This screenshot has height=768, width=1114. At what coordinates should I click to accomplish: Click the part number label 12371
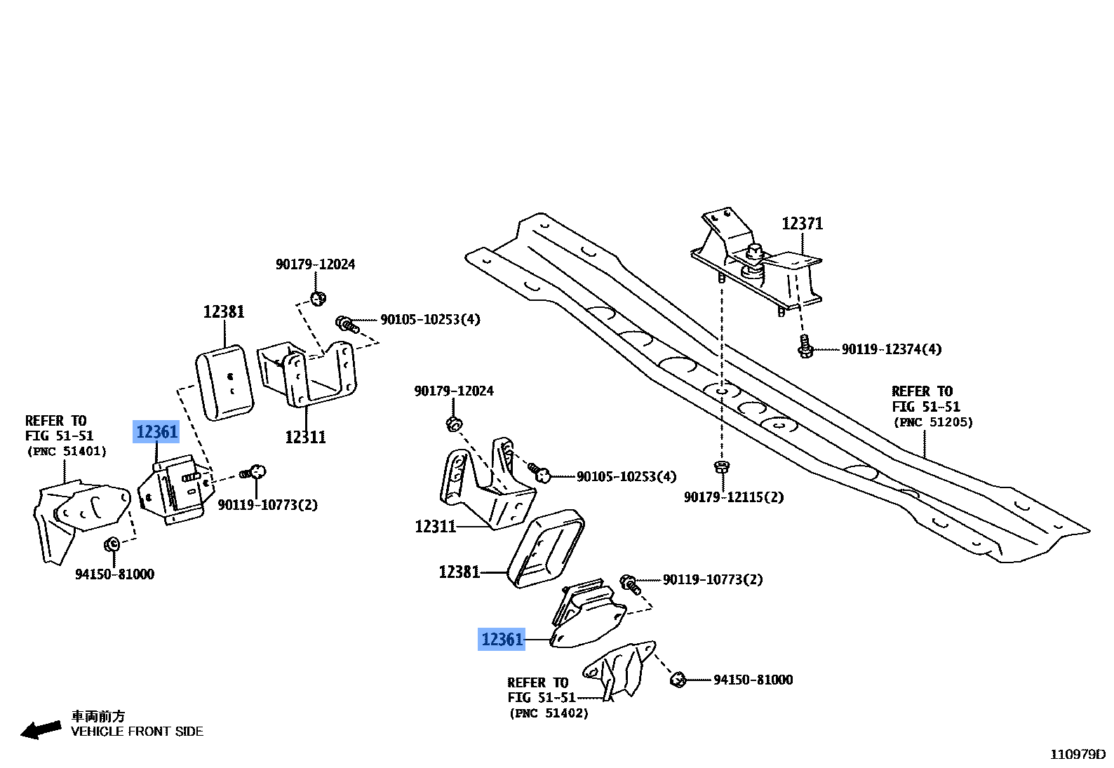point(802,224)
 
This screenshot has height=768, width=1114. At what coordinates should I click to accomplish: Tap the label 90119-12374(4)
point(891,349)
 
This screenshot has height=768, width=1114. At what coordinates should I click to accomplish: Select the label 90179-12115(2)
point(733,497)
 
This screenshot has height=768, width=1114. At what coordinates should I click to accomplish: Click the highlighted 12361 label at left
point(156,432)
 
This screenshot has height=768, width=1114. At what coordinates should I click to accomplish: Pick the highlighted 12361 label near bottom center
point(502,640)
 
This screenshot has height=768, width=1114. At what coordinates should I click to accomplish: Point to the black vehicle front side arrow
point(41,729)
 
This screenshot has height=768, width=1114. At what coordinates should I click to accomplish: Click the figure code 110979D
point(1077,755)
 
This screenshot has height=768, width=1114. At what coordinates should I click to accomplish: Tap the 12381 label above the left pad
point(223,311)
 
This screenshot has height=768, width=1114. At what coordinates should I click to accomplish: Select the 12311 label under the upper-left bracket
point(305,438)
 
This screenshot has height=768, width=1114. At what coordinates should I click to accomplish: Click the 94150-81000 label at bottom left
point(114,574)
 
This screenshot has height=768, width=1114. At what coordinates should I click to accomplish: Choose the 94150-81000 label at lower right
point(753,680)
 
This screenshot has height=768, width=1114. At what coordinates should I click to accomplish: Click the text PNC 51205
point(933,422)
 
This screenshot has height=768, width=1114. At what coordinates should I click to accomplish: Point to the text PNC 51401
point(67,452)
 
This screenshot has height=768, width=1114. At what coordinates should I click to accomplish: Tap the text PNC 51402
point(549,713)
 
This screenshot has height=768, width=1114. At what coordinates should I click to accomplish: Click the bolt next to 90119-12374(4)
point(805,346)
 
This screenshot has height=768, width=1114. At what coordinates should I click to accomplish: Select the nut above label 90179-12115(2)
point(720,466)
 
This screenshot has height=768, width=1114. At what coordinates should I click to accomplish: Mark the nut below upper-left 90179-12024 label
point(318,298)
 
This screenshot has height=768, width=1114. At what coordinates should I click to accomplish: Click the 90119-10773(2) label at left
point(267,505)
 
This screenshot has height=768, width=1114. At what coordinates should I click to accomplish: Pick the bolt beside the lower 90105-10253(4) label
point(539,473)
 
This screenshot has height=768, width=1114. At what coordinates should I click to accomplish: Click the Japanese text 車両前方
point(98,716)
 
